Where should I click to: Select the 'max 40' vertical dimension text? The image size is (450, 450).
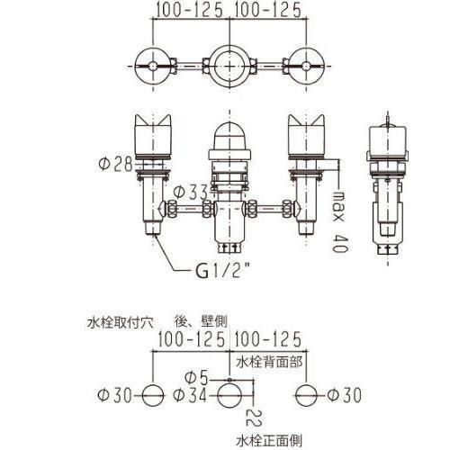pyautogui.click(x=338, y=211)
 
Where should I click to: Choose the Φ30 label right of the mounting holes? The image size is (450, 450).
pyautogui.click(x=345, y=393)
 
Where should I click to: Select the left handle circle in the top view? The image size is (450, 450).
pyautogui.click(x=152, y=65)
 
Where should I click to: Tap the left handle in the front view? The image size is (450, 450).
pyautogui.click(x=152, y=135)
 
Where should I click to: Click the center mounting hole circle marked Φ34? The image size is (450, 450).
pyautogui.click(x=231, y=394)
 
